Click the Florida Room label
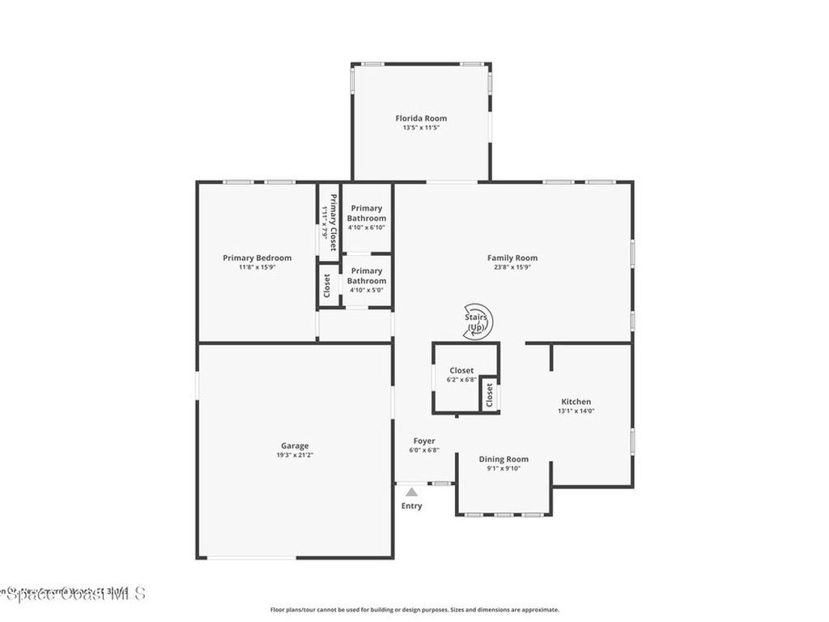pos(421,118)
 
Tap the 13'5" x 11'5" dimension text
pos(421,128)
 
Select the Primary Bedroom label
pos(257,258)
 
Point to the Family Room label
pos(512,258)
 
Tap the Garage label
pos(295,445)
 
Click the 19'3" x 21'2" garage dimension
pos(295,455)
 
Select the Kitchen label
pos(576,402)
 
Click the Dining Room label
pos(504,459)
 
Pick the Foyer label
pos(423,441)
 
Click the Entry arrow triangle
pos(411,492)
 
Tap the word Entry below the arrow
pos(411,506)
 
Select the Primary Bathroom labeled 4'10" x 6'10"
pos(367,213)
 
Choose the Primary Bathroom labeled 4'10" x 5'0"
pos(367,275)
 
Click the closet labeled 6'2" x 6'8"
pos(461,371)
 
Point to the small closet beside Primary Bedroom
pos(327,286)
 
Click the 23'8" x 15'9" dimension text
pos(512,267)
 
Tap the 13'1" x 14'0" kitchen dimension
pos(576,411)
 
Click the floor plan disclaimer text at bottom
pos(414,610)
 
